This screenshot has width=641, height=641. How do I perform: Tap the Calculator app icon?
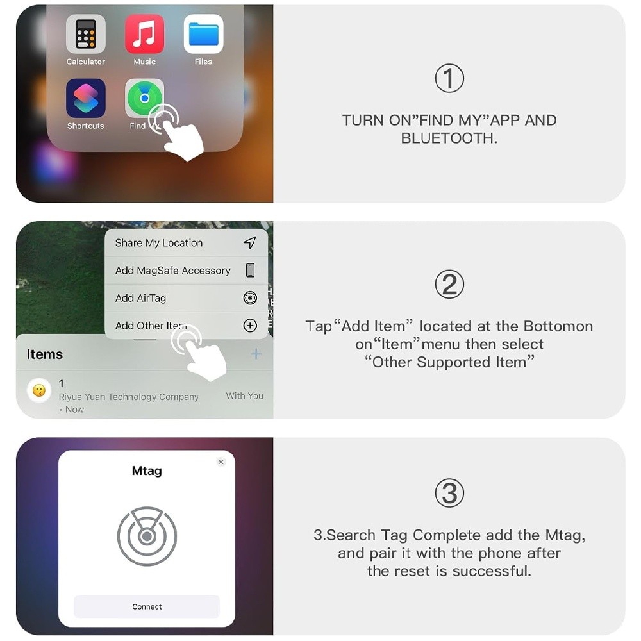pyautogui.click(x=85, y=34)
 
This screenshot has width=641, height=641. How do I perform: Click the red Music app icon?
pyautogui.click(x=144, y=34)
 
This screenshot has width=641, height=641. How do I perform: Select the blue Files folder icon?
pyautogui.click(x=203, y=34)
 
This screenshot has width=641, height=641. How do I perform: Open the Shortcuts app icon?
pyautogui.click(x=85, y=98)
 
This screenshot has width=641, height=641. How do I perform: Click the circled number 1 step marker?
pyautogui.click(x=449, y=79)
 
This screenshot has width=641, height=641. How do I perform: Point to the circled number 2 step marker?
pyautogui.click(x=449, y=285)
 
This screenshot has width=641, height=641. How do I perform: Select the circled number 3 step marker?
pyautogui.click(x=449, y=494)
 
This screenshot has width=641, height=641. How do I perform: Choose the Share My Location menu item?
pyautogui.click(x=159, y=243)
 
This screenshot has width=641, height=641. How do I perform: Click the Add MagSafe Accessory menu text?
pyautogui.click(x=172, y=271)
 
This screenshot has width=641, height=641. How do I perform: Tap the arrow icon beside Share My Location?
pyautogui.click(x=250, y=242)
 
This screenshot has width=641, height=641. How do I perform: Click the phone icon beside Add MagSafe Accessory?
pyautogui.click(x=250, y=270)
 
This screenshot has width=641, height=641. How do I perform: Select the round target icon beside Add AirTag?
pyautogui.click(x=250, y=297)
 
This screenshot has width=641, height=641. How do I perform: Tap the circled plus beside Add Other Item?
pyautogui.click(x=250, y=326)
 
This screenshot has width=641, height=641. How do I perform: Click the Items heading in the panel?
pyautogui.click(x=45, y=354)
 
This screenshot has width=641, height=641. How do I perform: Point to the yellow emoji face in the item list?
pyautogui.click(x=39, y=390)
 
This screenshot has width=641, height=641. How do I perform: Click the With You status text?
pyautogui.click(x=244, y=396)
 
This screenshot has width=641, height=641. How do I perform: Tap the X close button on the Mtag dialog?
pyautogui.click(x=221, y=462)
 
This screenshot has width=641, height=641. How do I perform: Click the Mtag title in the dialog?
pyautogui.click(x=147, y=471)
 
